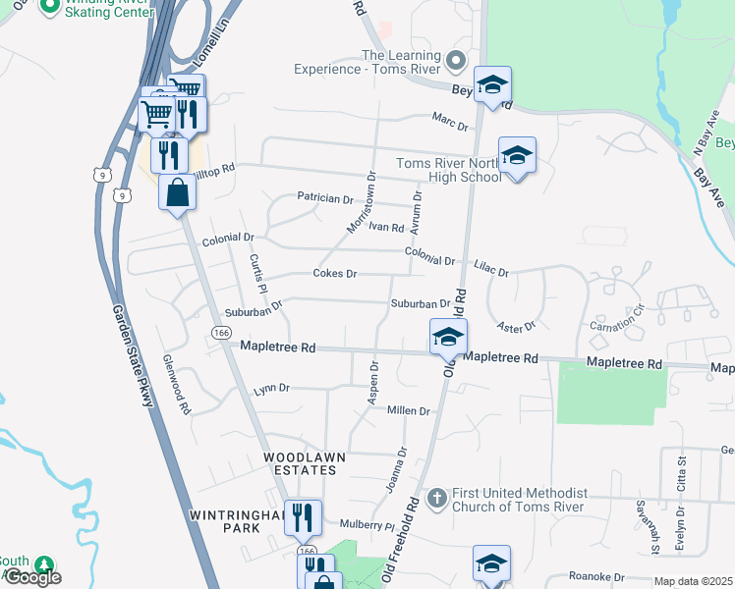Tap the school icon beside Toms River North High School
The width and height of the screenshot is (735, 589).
tap(517, 155)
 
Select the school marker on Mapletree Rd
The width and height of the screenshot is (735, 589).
tap(447, 337)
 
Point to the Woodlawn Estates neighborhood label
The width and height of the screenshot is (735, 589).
tap(299, 463)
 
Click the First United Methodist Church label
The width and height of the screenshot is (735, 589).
tap(519, 500)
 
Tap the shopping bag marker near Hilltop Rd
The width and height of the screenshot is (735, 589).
tap(177, 191)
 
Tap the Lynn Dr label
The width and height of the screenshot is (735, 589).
tap(271, 390)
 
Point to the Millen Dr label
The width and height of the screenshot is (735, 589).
tap(409, 410)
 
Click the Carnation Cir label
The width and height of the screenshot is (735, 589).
tap(616, 320)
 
